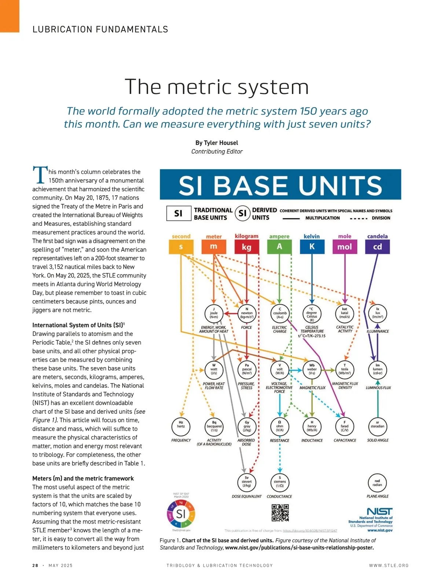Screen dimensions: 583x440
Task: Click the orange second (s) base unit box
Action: (181, 247)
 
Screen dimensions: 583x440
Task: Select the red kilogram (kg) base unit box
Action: (246, 247)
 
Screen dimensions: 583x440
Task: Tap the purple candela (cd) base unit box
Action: (377, 247)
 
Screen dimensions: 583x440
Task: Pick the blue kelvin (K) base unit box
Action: (312, 247)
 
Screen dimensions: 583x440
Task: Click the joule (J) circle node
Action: (214, 313)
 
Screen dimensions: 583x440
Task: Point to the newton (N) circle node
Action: (247, 313)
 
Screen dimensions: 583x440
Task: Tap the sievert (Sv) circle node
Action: (246, 482)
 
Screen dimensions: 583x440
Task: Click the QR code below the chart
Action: (280, 513)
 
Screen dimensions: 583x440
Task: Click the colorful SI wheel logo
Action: (181, 513)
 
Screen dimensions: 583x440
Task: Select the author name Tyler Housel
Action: (217, 143)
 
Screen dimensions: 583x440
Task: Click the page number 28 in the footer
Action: (35, 565)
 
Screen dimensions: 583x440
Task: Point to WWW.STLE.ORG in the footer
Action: (389, 565)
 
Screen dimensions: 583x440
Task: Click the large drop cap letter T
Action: (40, 175)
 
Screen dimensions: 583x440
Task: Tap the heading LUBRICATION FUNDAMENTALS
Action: (100, 29)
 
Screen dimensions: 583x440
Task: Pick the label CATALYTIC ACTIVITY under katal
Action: (345, 329)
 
